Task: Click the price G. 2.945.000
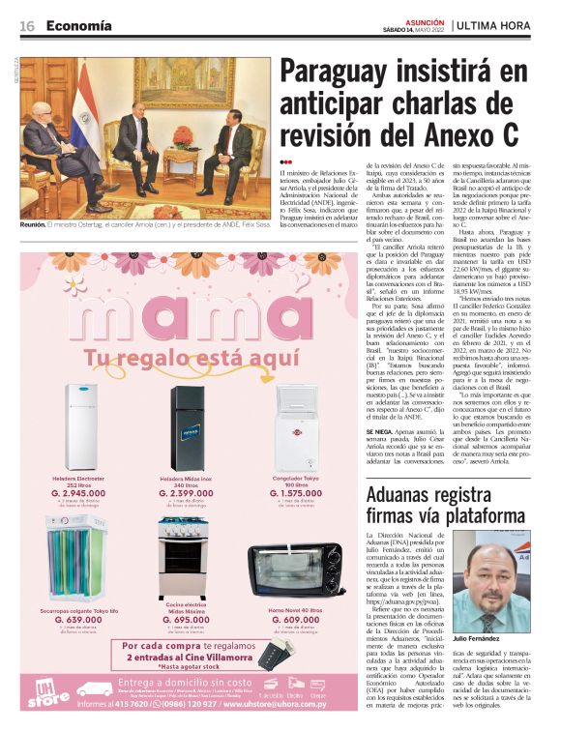click(78, 493)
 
